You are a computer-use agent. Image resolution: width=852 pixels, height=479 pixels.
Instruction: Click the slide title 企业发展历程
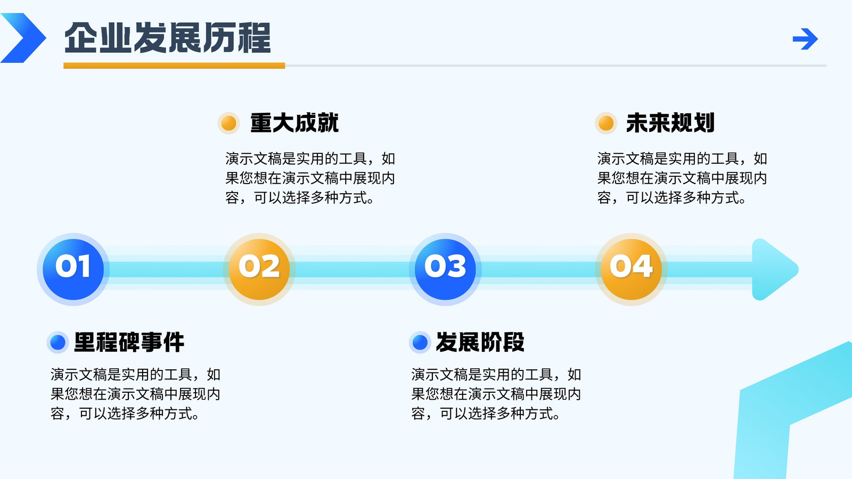click(x=167, y=38)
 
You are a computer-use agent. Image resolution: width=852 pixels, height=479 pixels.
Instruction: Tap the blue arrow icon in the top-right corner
click(x=805, y=39)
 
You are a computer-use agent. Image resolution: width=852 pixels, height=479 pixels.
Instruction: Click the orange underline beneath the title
click(x=174, y=66)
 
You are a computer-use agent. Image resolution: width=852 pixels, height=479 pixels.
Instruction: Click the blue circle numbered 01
click(x=73, y=269)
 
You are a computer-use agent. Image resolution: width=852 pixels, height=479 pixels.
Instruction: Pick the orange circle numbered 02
click(x=259, y=269)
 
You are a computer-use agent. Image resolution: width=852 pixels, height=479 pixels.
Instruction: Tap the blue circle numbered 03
click(x=445, y=269)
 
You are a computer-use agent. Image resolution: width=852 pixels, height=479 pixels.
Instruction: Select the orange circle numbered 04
click(x=631, y=269)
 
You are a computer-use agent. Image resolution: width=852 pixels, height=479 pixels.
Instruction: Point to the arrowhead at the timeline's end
click(x=774, y=269)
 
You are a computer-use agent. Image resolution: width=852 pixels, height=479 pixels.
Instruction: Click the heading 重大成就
click(x=294, y=123)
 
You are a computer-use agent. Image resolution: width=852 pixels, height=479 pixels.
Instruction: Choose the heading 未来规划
click(x=670, y=123)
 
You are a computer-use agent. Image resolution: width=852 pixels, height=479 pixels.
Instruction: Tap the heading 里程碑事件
click(x=129, y=342)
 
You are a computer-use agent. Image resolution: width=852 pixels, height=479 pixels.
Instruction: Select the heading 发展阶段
click(x=480, y=342)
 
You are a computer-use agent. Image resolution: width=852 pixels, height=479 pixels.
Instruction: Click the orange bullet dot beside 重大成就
click(x=228, y=123)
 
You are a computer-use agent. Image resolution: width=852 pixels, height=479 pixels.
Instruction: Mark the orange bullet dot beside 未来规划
click(x=606, y=123)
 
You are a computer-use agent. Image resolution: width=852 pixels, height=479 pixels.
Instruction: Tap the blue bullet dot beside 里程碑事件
click(x=58, y=342)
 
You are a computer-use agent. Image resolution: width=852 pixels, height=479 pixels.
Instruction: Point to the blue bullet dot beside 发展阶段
click(x=420, y=342)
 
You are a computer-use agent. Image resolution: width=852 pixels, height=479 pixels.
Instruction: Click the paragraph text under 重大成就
click(x=310, y=178)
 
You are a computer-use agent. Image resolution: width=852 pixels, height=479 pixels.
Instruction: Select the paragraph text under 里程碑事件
click(x=135, y=394)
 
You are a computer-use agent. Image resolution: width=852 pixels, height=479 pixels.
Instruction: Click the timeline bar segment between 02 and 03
click(x=352, y=269)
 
